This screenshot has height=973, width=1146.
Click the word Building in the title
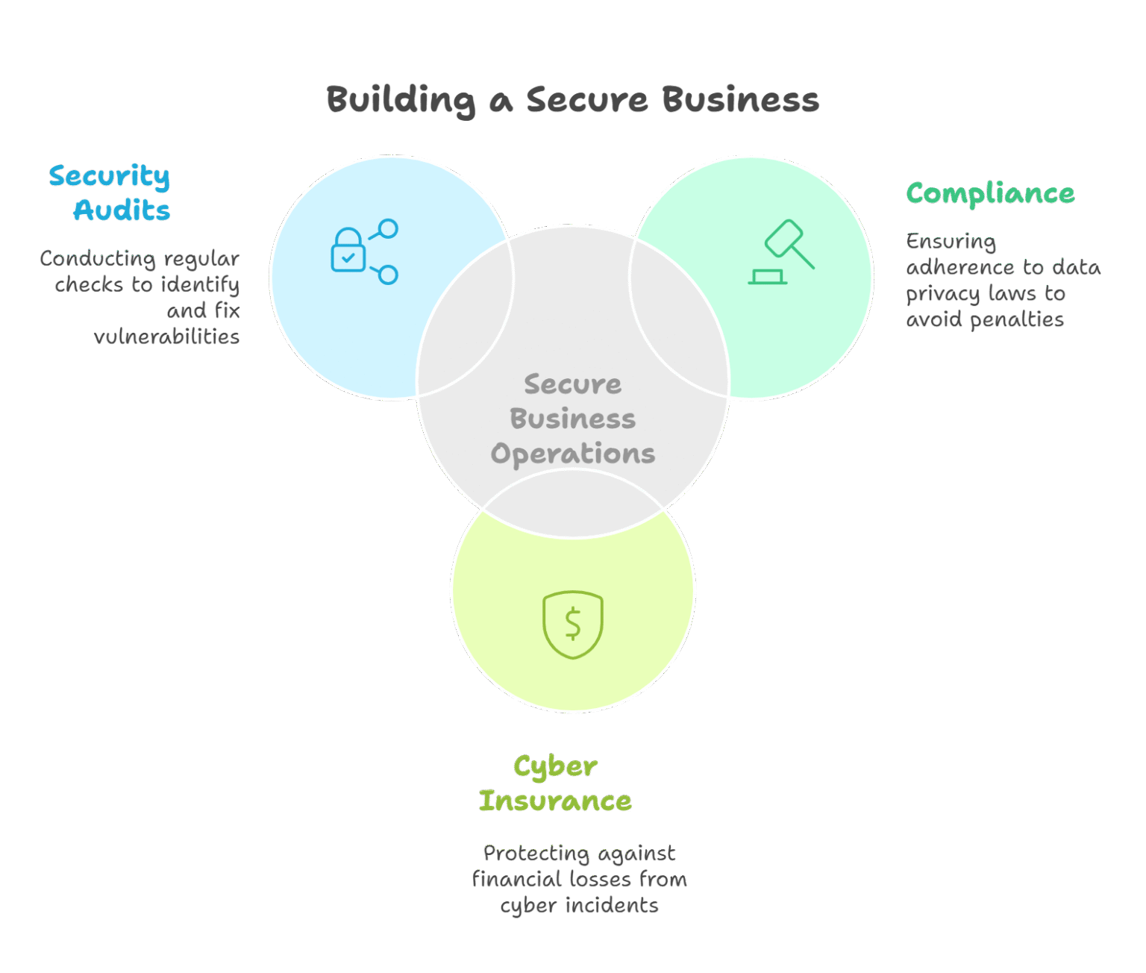click(x=401, y=101)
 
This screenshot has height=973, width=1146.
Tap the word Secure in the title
click(x=587, y=100)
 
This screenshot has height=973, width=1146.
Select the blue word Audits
click(x=122, y=210)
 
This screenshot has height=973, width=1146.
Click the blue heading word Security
click(x=109, y=177)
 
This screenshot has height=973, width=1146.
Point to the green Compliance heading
click(x=990, y=193)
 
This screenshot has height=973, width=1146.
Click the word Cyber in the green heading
click(x=556, y=767)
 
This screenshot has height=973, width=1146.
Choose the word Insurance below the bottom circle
click(x=556, y=801)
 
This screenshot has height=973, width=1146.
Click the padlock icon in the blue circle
click(x=348, y=250)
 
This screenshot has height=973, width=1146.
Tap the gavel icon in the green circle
click(x=782, y=252)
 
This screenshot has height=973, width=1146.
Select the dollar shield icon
click(x=573, y=625)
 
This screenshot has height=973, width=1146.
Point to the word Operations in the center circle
click(x=573, y=454)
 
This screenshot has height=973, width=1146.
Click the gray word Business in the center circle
click(x=573, y=419)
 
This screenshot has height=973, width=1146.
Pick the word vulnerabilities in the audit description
click(x=166, y=337)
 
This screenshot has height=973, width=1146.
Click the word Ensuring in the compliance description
click(x=951, y=243)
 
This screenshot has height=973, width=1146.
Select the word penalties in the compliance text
click(x=1017, y=320)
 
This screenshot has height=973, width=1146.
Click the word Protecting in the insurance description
click(x=536, y=854)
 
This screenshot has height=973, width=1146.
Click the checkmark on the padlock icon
click(x=348, y=258)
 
